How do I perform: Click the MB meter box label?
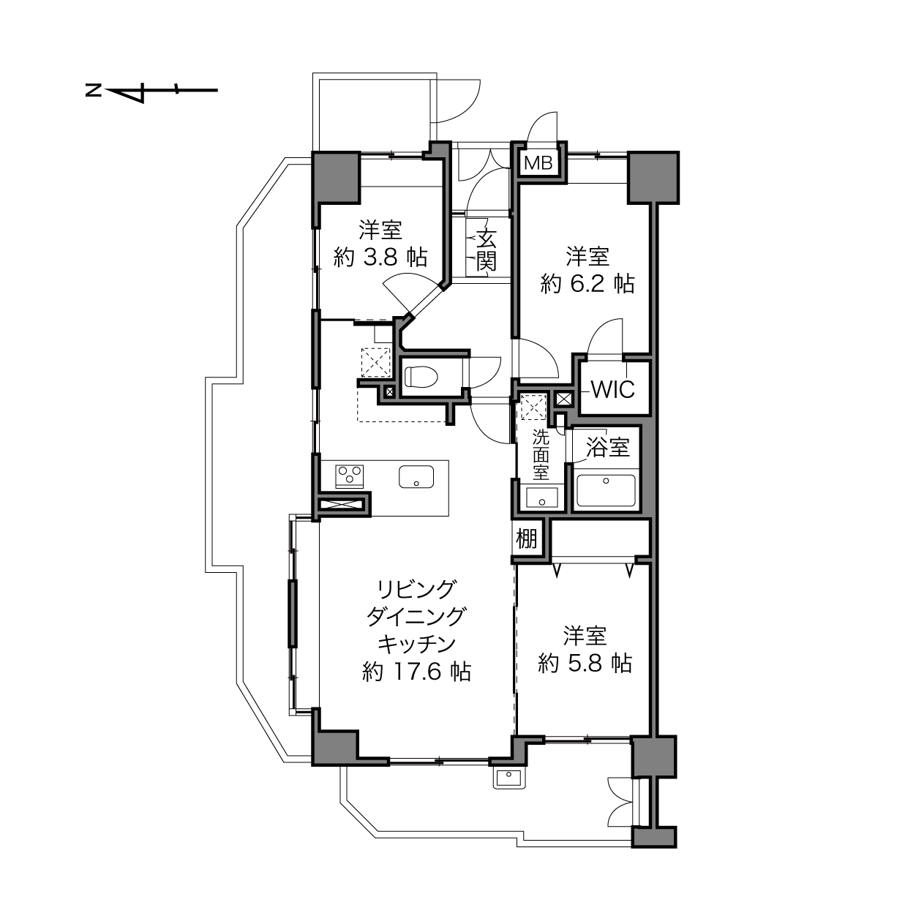538,164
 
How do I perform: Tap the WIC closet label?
613,390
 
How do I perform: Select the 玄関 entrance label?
486,249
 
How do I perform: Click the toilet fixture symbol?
421,377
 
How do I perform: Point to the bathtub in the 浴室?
606,491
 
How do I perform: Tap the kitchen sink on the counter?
416,477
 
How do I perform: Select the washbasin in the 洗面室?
541,498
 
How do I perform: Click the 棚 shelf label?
527,538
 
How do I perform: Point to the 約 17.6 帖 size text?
417,672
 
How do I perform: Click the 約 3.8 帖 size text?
380,258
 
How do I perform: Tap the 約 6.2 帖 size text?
587,285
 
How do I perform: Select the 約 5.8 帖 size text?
585,663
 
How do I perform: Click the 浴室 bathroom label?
608,447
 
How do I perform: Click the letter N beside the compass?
93,90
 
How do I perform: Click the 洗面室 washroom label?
541,455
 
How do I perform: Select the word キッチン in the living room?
416,645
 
